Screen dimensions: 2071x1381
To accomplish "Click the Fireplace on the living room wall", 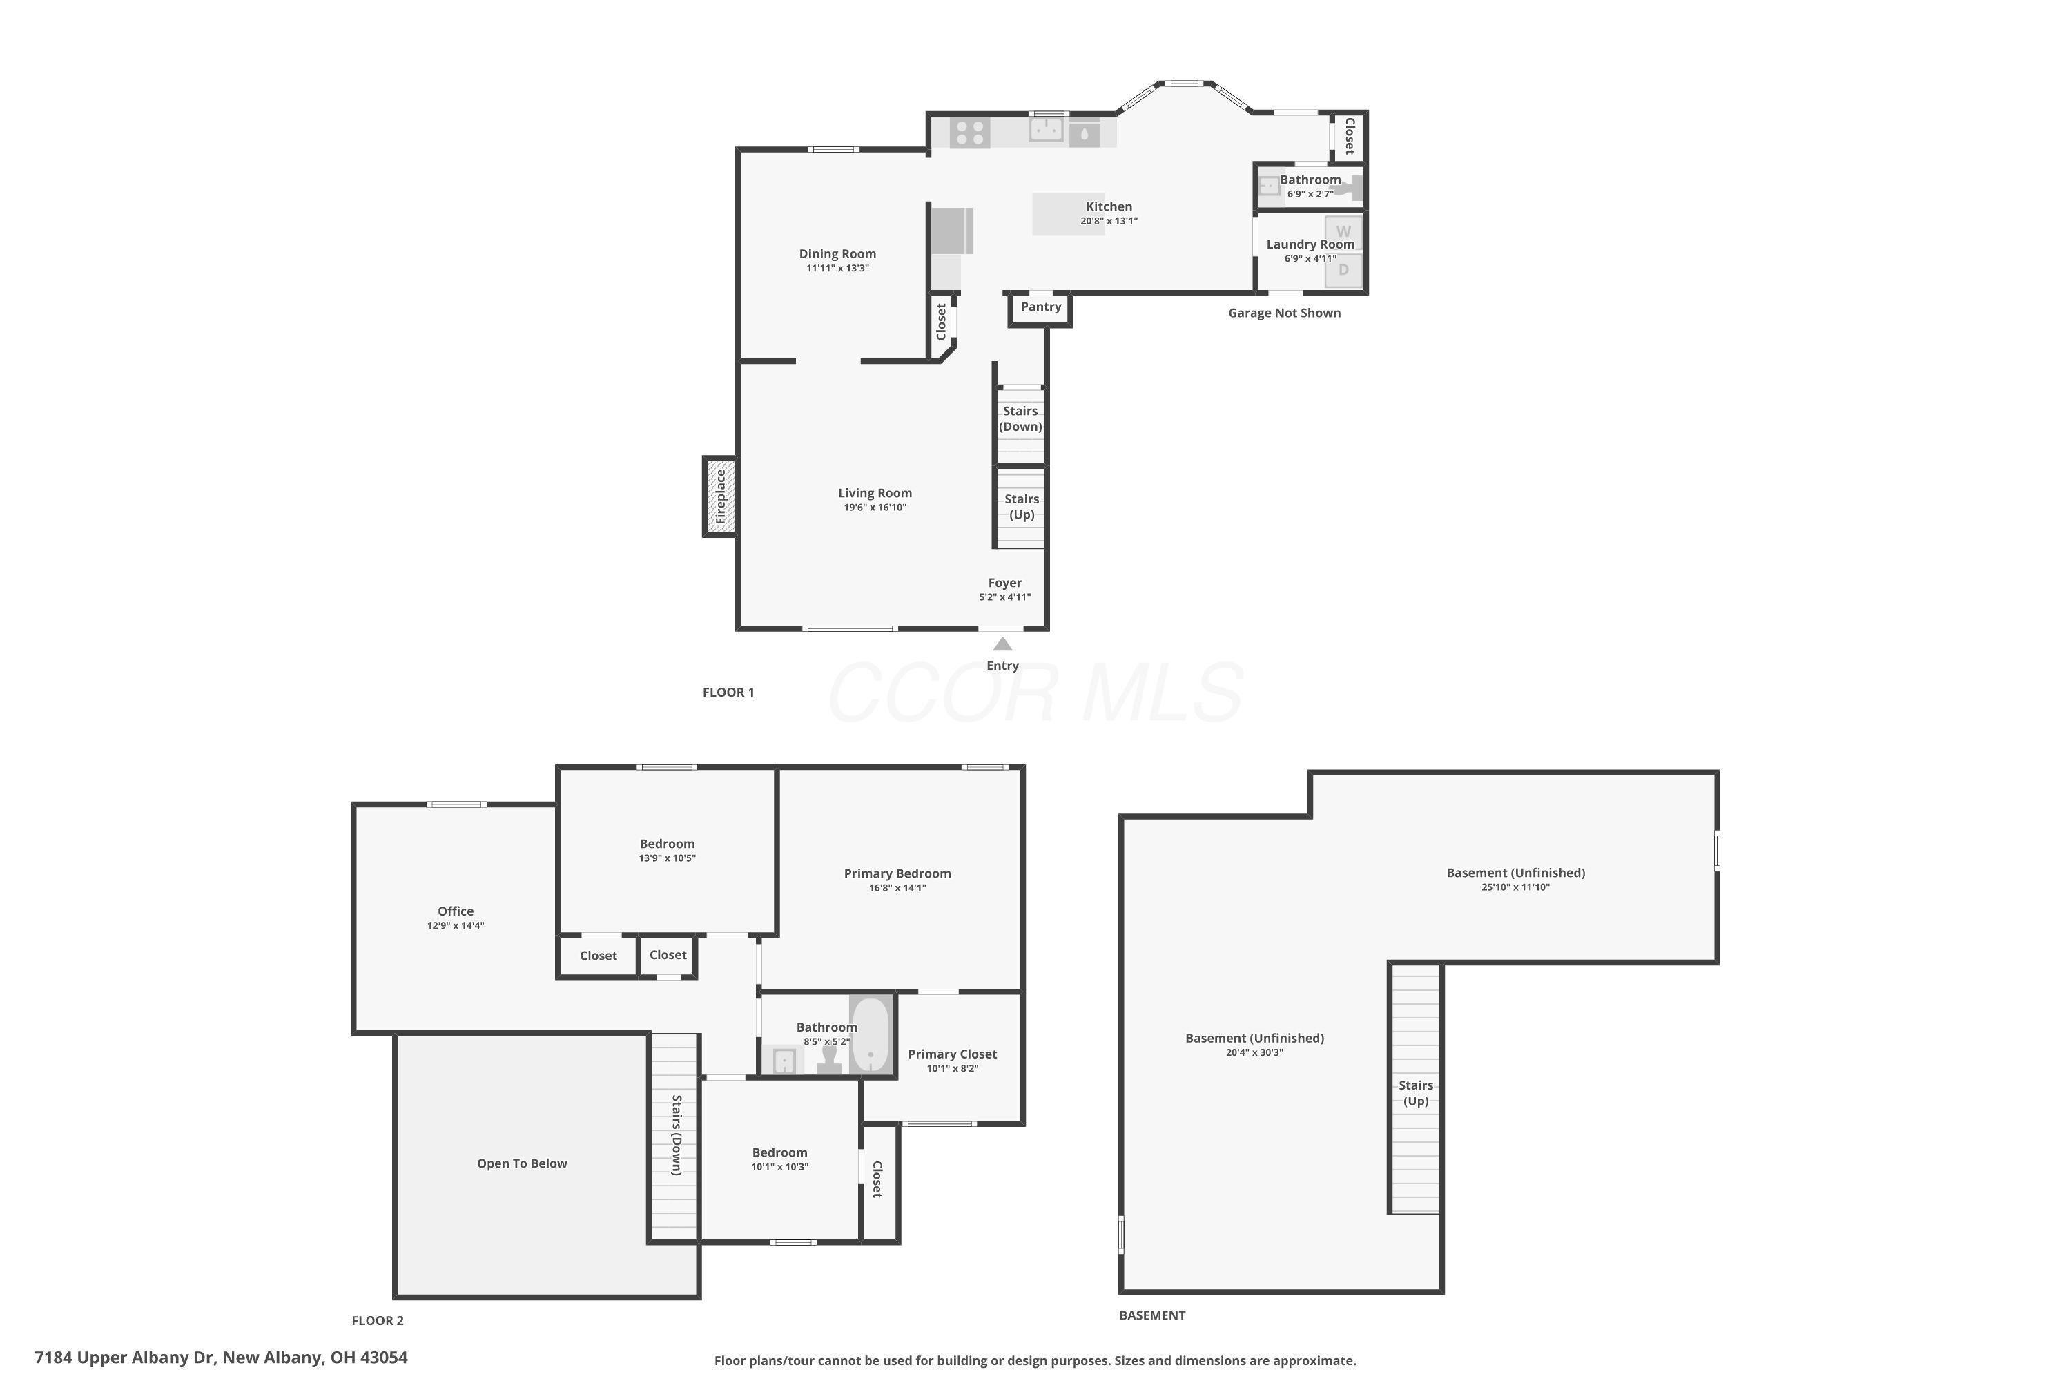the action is pyautogui.click(x=719, y=496).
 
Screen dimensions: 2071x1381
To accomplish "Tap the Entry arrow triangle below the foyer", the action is pyautogui.click(x=1002, y=644).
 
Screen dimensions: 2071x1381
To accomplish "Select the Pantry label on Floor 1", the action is pyautogui.click(x=1041, y=307).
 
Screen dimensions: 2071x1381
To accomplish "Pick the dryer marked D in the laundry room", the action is pyautogui.click(x=1343, y=271).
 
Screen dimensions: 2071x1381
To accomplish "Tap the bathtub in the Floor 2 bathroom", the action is pyautogui.click(x=870, y=1034).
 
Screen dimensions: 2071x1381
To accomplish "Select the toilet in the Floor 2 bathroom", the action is pyautogui.click(x=828, y=1059).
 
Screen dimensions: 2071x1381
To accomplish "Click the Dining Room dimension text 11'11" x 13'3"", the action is pyautogui.click(x=837, y=269).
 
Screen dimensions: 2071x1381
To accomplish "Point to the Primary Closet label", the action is pyautogui.click(x=953, y=1054).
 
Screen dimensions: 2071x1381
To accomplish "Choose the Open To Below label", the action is pyautogui.click(x=522, y=1163).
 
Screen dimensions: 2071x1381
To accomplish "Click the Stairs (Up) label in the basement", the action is pyautogui.click(x=1416, y=1093).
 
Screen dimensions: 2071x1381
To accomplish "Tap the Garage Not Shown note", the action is pyautogui.click(x=1285, y=313).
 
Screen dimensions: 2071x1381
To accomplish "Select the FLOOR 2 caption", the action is pyautogui.click(x=378, y=1320).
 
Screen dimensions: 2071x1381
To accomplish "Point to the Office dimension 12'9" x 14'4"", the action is pyautogui.click(x=456, y=926).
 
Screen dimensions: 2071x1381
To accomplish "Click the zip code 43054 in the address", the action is pyautogui.click(x=384, y=1358).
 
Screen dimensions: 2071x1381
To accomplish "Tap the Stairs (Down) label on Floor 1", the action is pyautogui.click(x=1020, y=418).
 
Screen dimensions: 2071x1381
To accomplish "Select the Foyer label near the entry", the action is pyautogui.click(x=1004, y=583).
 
